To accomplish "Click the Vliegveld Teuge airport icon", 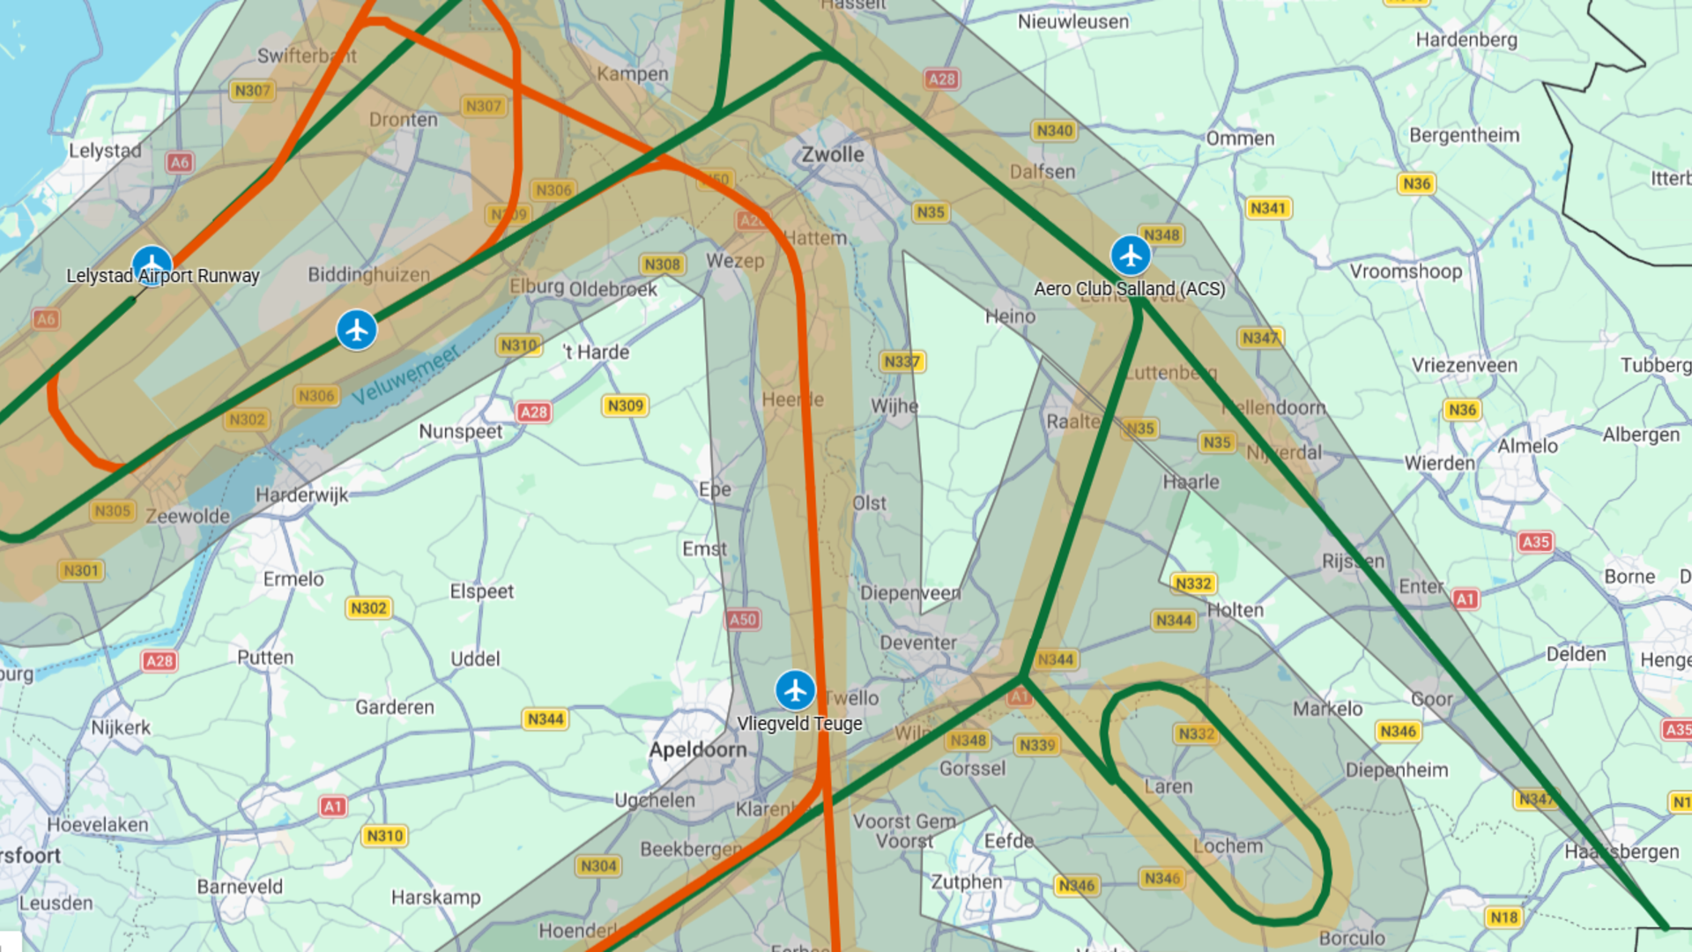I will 795,690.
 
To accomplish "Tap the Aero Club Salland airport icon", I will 1131,256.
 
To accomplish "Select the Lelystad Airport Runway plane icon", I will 152,264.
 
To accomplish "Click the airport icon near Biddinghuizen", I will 357,330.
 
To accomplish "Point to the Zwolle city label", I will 832,154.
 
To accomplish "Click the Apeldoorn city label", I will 698,750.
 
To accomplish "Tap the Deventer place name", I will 918,643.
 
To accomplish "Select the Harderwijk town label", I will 302,495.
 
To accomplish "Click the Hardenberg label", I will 1466,40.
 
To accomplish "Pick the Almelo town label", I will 1527,446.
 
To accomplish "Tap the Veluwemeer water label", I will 405,376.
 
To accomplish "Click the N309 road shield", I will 626,405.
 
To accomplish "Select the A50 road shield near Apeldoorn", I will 743,620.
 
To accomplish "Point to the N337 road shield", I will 902,361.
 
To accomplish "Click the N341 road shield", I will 1268,208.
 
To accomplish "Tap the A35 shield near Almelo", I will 1535,542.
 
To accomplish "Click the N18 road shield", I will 1503,918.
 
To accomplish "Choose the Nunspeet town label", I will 460,432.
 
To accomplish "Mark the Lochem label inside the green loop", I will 1228,846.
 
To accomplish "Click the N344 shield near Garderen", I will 545,719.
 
